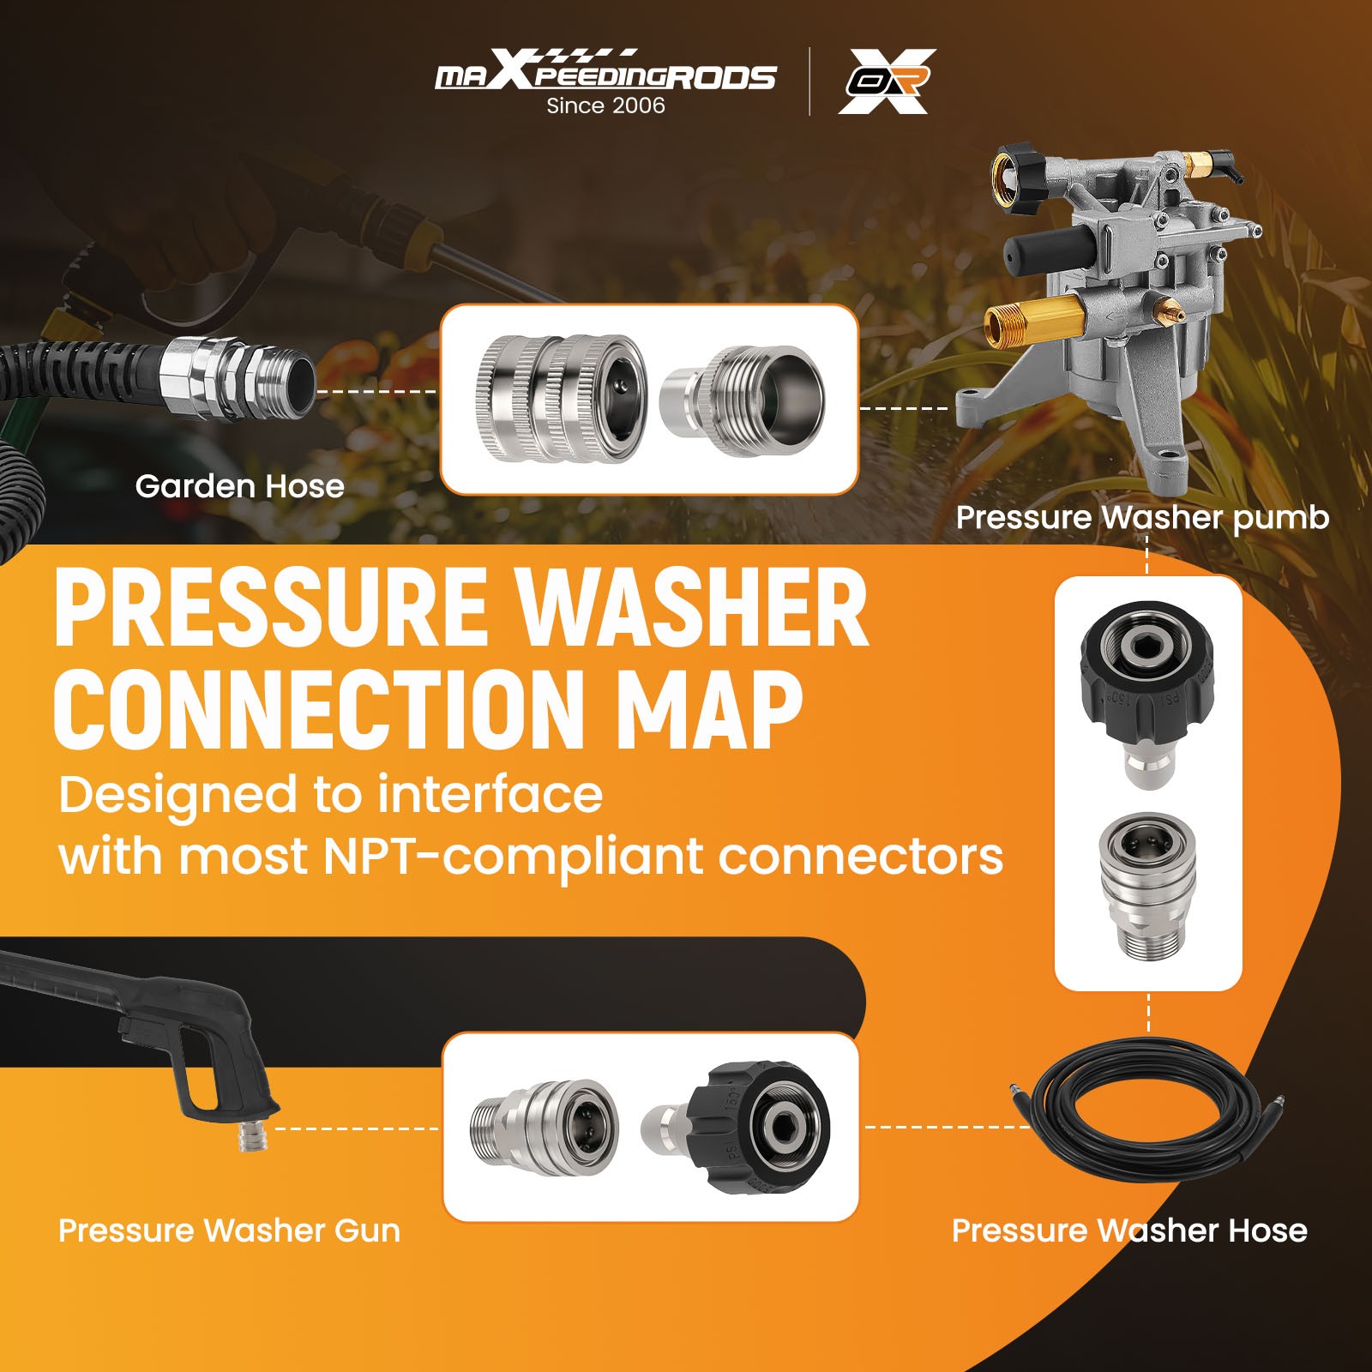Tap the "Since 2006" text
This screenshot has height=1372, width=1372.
[605, 105]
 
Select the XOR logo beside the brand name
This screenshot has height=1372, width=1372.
[887, 81]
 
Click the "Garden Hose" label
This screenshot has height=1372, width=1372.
[239, 486]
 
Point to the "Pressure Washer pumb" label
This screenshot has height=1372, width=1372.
[1142, 517]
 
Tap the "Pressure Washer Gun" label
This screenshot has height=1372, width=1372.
[229, 1231]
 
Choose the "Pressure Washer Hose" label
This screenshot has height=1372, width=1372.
[1129, 1231]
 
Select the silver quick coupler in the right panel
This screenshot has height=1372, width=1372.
[1147, 883]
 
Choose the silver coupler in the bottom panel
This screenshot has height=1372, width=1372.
[542, 1125]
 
